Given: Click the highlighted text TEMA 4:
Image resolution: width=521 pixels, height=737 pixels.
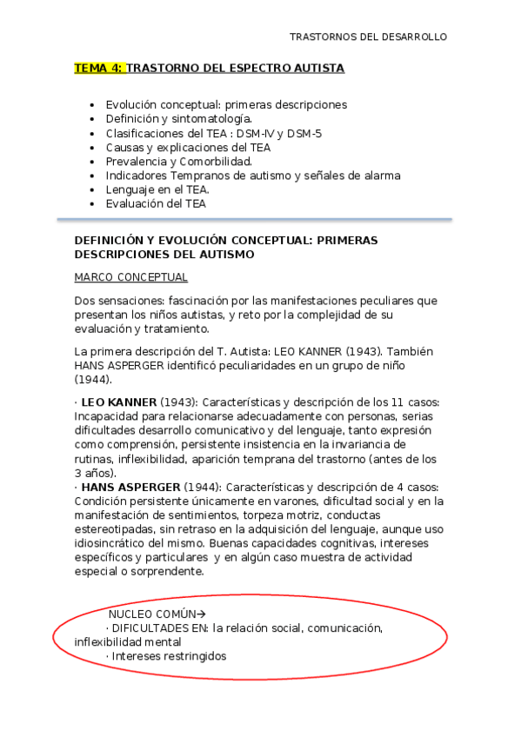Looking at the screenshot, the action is [100, 68].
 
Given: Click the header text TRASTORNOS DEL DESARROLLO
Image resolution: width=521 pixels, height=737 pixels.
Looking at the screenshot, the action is [368, 37].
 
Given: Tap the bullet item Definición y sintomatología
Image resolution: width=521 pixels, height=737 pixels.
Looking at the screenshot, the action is [178, 119].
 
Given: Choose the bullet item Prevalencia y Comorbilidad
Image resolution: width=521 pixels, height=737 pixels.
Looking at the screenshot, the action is [178, 162].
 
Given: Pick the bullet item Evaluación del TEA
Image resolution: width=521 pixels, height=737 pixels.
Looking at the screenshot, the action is [156, 204].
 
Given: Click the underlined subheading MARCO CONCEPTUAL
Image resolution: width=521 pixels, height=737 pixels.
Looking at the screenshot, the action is [131, 278].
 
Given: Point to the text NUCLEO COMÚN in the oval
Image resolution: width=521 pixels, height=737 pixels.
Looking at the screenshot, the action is [148, 614].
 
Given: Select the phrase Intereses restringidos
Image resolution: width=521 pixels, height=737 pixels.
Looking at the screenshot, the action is [169, 656].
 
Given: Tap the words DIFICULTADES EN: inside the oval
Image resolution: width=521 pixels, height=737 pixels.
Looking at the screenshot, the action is [159, 627].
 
